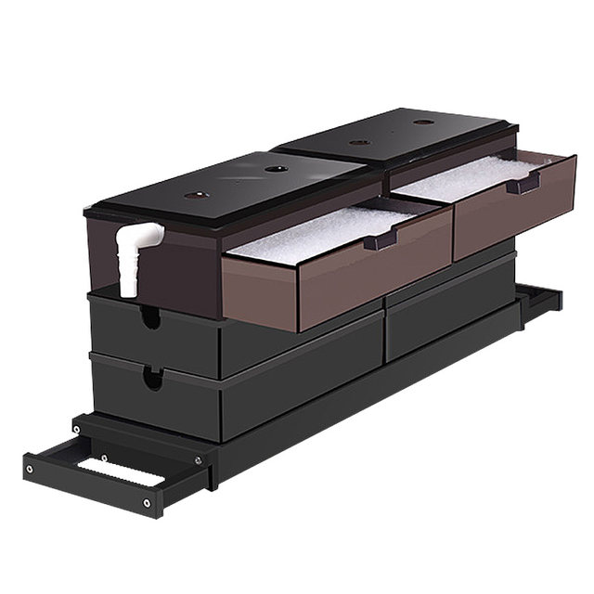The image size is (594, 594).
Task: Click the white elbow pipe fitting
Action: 133,255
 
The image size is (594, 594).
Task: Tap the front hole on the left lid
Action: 194,196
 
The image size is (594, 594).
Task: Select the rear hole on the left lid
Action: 275,169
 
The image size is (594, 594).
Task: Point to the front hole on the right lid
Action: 359,142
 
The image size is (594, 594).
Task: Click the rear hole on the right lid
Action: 423,122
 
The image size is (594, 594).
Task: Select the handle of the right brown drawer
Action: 523,185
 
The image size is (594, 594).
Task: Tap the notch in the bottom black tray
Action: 150,377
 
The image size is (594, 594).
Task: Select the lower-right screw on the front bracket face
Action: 147,503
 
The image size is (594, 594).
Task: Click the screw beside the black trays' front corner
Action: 196,458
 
